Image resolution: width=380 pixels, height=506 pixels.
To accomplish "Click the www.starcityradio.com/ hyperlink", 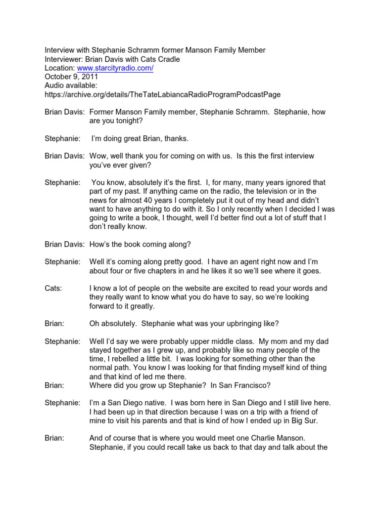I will tap(114, 68).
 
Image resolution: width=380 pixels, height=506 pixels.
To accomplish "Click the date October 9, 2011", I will tap(71, 77).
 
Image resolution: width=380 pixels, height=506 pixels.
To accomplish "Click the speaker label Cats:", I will tap(53, 288).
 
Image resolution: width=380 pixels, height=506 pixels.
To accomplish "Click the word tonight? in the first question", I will tap(119, 121).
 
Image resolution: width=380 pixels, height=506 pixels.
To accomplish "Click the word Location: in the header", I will tap(60, 68).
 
